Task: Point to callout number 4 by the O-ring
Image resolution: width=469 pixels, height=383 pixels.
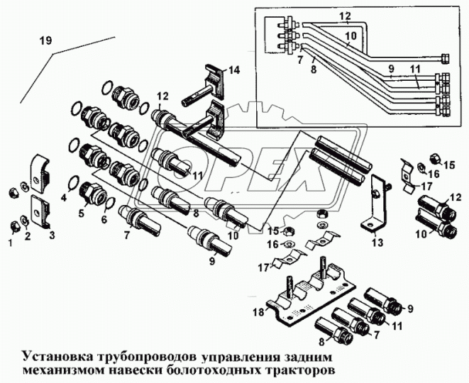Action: click(x=63, y=198)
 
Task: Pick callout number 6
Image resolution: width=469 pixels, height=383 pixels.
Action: click(x=105, y=220)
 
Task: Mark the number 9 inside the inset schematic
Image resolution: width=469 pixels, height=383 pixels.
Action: click(x=390, y=70)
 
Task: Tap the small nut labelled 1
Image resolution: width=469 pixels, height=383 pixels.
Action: click(x=13, y=227)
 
